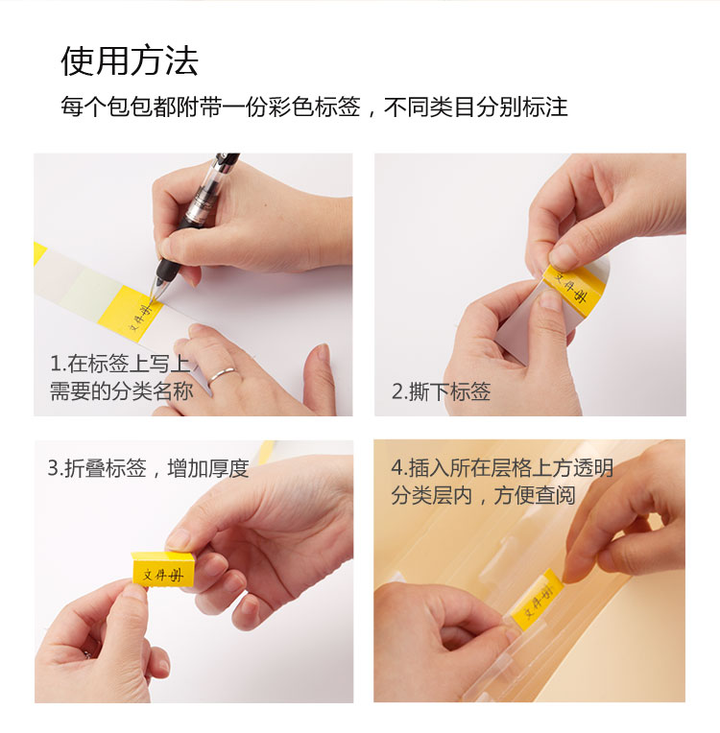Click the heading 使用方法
[130, 60]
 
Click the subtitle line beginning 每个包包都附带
[314, 107]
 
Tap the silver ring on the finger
[222, 374]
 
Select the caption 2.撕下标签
[441, 391]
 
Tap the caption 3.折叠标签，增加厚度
[148, 468]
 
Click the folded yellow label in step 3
[163, 569]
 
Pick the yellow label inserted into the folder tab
[537, 601]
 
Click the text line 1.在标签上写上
[120, 364]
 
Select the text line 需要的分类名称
[122, 390]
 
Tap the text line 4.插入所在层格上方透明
[501, 468]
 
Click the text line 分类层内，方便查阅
[483, 495]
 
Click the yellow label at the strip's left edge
[39, 254]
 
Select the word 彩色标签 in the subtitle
[315, 107]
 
